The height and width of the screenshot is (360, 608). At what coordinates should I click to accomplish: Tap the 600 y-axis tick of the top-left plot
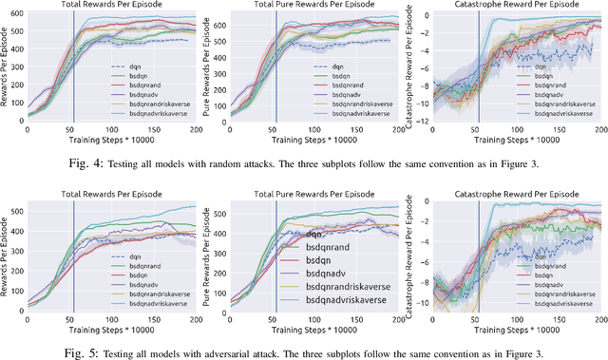19,14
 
